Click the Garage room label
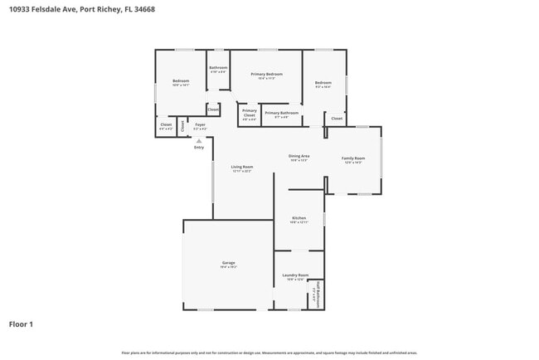coord(228,264)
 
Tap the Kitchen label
coord(299,219)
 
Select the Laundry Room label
coord(296,275)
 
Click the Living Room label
coord(242,168)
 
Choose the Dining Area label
coord(299,157)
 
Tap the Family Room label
coord(353,158)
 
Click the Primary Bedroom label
coord(266,75)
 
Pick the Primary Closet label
coord(249,114)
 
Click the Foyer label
coord(200,125)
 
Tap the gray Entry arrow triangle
coord(198,140)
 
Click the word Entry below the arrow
coord(199,147)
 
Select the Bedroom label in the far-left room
coord(181,82)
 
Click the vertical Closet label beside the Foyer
coord(183,126)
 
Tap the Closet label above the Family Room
coord(337,119)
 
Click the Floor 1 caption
coord(21,324)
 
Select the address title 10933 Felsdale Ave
coord(82,10)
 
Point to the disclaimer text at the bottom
coord(269,353)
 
